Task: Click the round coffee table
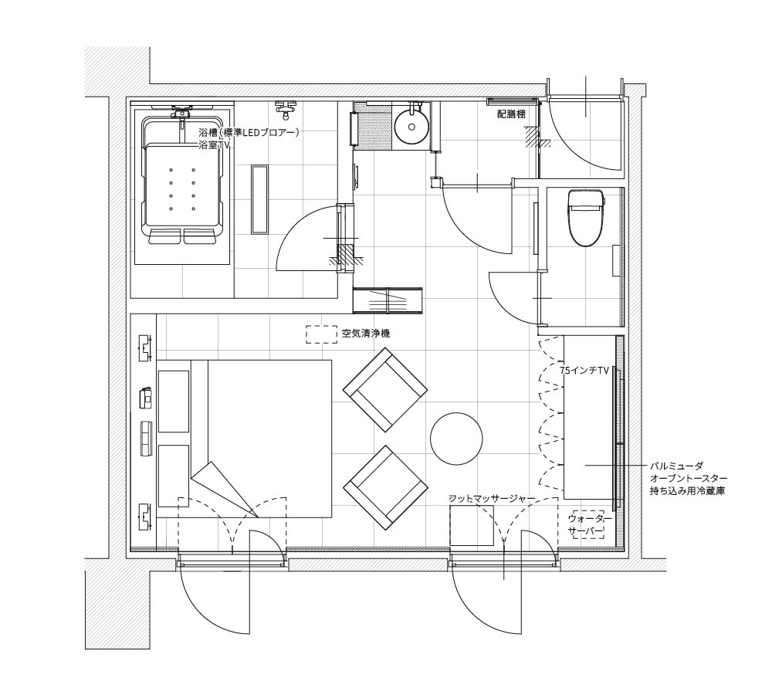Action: point(456,439)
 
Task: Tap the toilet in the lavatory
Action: point(585,217)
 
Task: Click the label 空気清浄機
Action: point(366,334)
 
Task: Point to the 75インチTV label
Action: point(584,371)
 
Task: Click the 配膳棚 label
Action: point(511,115)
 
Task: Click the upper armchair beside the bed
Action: point(385,390)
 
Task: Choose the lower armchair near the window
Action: point(385,487)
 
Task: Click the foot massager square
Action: point(472,525)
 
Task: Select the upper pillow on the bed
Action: point(174,402)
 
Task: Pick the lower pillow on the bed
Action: point(174,476)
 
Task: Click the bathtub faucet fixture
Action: point(181,111)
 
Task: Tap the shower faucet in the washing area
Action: point(285,110)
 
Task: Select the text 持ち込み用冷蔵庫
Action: point(687,492)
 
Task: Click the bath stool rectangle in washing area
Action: point(259,199)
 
